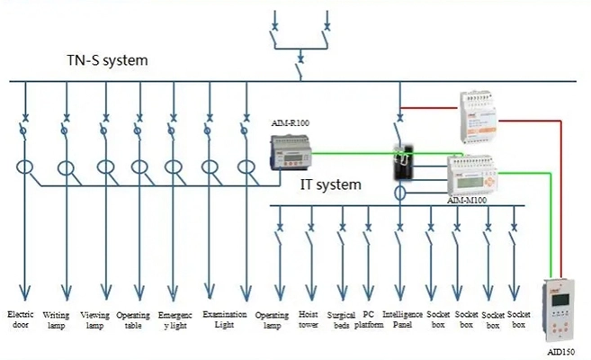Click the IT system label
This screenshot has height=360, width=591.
coord(330,184)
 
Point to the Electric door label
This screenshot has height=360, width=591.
coord(21,319)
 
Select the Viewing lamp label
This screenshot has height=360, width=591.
coord(95,319)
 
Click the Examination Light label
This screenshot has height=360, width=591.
coord(219,319)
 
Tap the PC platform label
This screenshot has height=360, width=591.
coord(369,320)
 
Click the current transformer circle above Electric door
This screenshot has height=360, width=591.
coord(25,167)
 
